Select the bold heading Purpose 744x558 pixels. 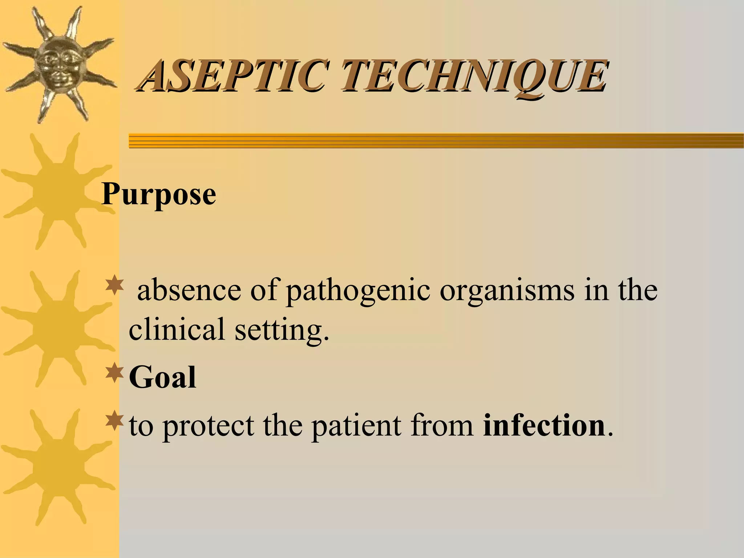point(159,194)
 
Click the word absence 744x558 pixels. point(189,290)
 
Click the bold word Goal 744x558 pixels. point(162,377)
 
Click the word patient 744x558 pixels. point(356,426)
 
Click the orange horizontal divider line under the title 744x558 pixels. point(436,141)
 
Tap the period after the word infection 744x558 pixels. point(610,434)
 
